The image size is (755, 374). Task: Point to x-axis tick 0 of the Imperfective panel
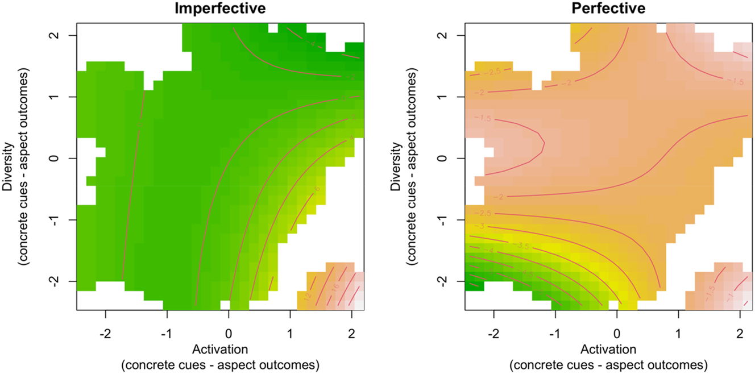(229, 329)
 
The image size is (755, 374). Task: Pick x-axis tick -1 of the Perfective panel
(554, 329)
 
